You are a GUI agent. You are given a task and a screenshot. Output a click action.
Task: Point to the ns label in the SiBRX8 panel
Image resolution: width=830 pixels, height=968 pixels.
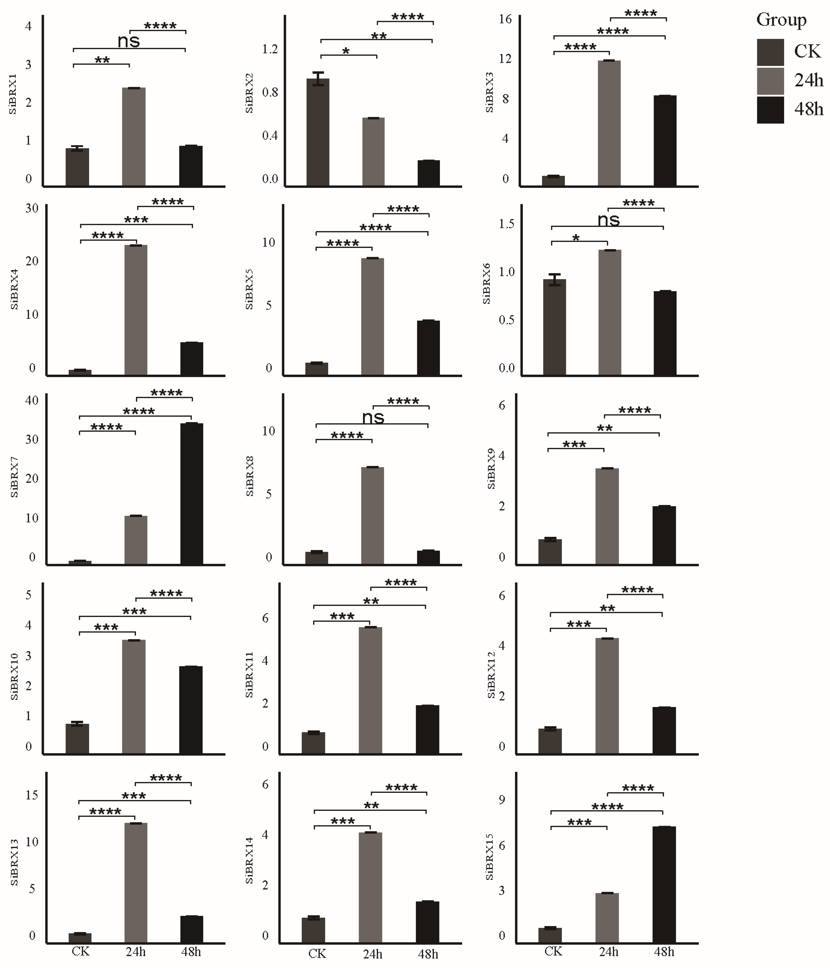(x=373, y=417)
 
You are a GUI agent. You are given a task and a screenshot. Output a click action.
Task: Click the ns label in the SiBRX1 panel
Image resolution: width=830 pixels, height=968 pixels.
(x=129, y=41)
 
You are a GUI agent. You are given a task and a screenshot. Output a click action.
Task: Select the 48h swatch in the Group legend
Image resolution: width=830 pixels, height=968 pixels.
(x=770, y=110)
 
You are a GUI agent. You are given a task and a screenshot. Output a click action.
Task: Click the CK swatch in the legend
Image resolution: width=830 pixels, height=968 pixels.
(x=770, y=52)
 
